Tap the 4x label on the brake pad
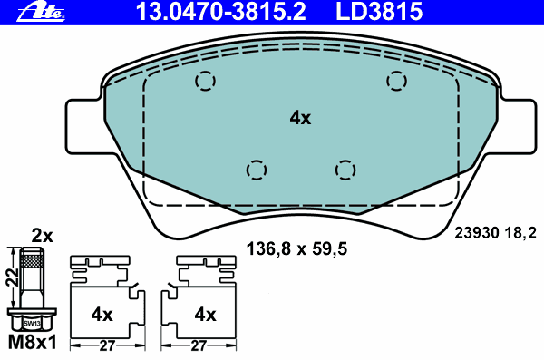pyautogui.click(x=300, y=118)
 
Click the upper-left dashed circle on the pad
pyautogui.click(x=206, y=81)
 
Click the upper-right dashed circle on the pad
pyautogui.click(x=396, y=81)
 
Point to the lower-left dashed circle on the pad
pyautogui.click(x=257, y=170)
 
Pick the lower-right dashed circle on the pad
pyautogui.click(x=344, y=170)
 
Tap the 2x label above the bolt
pyautogui.click(x=43, y=236)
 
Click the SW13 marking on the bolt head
pyautogui.click(x=32, y=322)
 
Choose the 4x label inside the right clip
pyautogui.click(x=205, y=315)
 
